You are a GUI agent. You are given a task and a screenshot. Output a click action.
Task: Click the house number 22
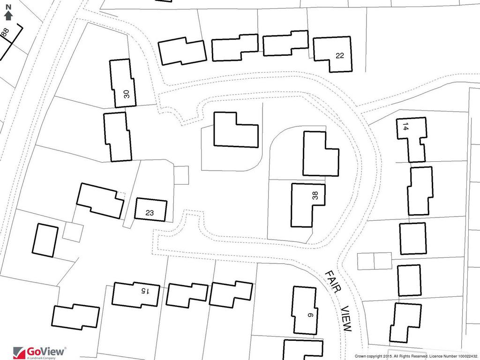click(340, 55)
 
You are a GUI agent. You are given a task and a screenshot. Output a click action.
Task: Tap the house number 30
click(127, 94)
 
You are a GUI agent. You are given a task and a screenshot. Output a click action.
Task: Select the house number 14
click(405, 127)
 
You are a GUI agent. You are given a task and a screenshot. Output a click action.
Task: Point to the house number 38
click(315, 195)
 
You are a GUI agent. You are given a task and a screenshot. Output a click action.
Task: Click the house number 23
click(150, 213)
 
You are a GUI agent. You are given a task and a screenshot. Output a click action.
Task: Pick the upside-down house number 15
click(144, 291)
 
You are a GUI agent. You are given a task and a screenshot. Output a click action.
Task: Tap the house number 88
click(6, 32)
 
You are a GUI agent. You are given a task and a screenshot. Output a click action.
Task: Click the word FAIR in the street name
click(334, 282)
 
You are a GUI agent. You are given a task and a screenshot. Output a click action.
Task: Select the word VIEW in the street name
click(346, 318)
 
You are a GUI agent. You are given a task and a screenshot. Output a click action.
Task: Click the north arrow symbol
click(8, 15)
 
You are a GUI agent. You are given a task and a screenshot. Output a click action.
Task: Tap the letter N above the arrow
click(8, 7)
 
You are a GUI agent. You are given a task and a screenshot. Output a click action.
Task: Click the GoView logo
click(39, 352)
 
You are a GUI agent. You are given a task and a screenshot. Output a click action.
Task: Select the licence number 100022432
click(467, 356)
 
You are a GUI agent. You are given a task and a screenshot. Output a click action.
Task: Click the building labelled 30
click(122, 83)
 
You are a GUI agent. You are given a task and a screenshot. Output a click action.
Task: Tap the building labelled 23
click(150, 210)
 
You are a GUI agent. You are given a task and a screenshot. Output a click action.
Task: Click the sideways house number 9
click(310, 315)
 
